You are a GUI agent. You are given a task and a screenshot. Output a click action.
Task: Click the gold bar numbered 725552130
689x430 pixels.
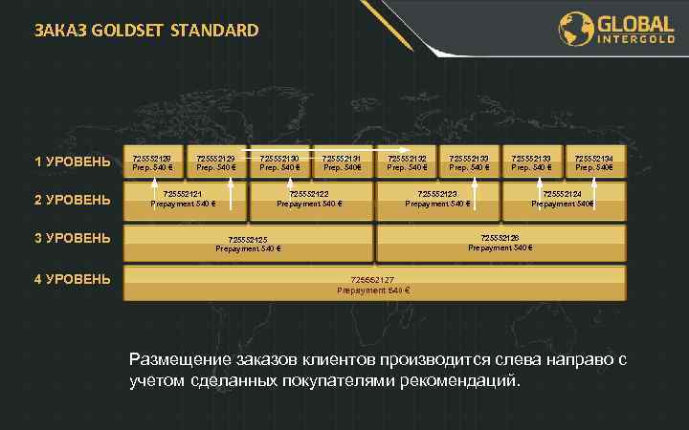pyautogui.click(x=279, y=162)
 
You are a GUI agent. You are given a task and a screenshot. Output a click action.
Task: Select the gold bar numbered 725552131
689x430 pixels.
pyautogui.click(x=343, y=162)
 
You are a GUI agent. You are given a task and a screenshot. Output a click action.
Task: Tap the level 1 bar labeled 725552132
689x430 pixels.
pyautogui.click(x=406, y=162)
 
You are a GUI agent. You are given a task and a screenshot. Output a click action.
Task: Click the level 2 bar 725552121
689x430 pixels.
pyautogui.click(x=186, y=199)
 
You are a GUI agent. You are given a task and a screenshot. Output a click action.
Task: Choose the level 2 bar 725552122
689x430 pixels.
pyautogui.click(x=310, y=199)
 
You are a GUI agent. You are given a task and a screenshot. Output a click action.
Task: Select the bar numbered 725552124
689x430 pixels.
pyautogui.click(x=563, y=199)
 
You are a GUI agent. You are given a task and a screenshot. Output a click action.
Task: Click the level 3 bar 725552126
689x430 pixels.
pyautogui.click(x=500, y=243)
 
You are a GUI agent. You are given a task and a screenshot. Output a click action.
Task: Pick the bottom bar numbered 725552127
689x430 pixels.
pyautogui.click(x=373, y=284)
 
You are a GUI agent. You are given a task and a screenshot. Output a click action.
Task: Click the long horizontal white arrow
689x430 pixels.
pyautogui.click(x=316, y=150)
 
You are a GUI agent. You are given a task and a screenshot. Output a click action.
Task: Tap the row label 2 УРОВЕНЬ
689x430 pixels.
pyautogui.click(x=73, y=200)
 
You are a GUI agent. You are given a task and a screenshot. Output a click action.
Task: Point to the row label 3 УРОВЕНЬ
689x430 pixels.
pyautogui.click(x=73, y=238)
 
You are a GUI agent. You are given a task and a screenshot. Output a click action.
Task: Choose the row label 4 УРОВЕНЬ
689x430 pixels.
pyautogui.click(x=73, y=279)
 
